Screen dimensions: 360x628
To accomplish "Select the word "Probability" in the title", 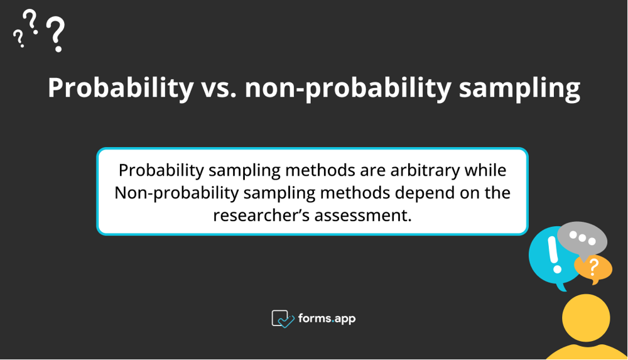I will click(x=121, y=89).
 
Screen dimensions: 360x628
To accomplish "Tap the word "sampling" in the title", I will click(x=519, y=89).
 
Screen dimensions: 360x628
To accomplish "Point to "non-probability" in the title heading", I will click(x=347, y=89).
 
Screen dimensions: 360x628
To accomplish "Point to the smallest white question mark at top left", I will click(x=18, y=40).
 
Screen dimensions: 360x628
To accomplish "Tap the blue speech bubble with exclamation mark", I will click(x=548, y=256).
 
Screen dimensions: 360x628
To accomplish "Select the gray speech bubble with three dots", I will click(x=582, y=239).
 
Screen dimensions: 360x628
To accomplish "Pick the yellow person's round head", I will click(x=585, y=318).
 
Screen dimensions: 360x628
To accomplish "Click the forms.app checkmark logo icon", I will click(x=283, y=319).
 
